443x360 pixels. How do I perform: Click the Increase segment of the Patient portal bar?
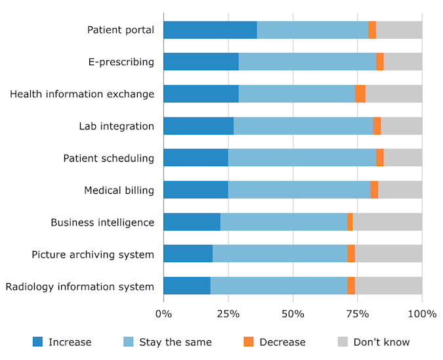point(210,30)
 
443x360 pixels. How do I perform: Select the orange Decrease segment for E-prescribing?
point(380,62)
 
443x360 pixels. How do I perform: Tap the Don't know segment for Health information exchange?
point(394,94)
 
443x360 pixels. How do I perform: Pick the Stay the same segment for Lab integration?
point(303,126)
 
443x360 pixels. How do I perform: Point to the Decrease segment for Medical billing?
point(374,190)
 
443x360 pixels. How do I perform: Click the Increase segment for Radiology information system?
point(186,286)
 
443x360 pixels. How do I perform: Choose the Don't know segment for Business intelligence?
point(387,222)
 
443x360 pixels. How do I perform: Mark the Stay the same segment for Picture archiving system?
point(280,254)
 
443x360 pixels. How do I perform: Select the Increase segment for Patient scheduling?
point(196,158)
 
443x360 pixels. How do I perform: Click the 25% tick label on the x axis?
point(228,313)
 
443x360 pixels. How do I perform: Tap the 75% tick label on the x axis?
point(358,313)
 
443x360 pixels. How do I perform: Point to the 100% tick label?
point(422,313)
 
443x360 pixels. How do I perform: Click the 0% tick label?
point(163,313)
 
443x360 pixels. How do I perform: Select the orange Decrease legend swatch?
point(248,342)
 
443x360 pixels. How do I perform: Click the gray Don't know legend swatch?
point(343,342)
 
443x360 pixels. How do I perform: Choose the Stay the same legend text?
point(175,342)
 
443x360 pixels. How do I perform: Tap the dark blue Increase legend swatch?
point(37,342)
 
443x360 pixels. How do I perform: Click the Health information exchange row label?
point(82,94)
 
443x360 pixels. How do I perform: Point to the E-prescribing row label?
point(121,62)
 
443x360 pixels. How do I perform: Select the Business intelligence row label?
point(102,222)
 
